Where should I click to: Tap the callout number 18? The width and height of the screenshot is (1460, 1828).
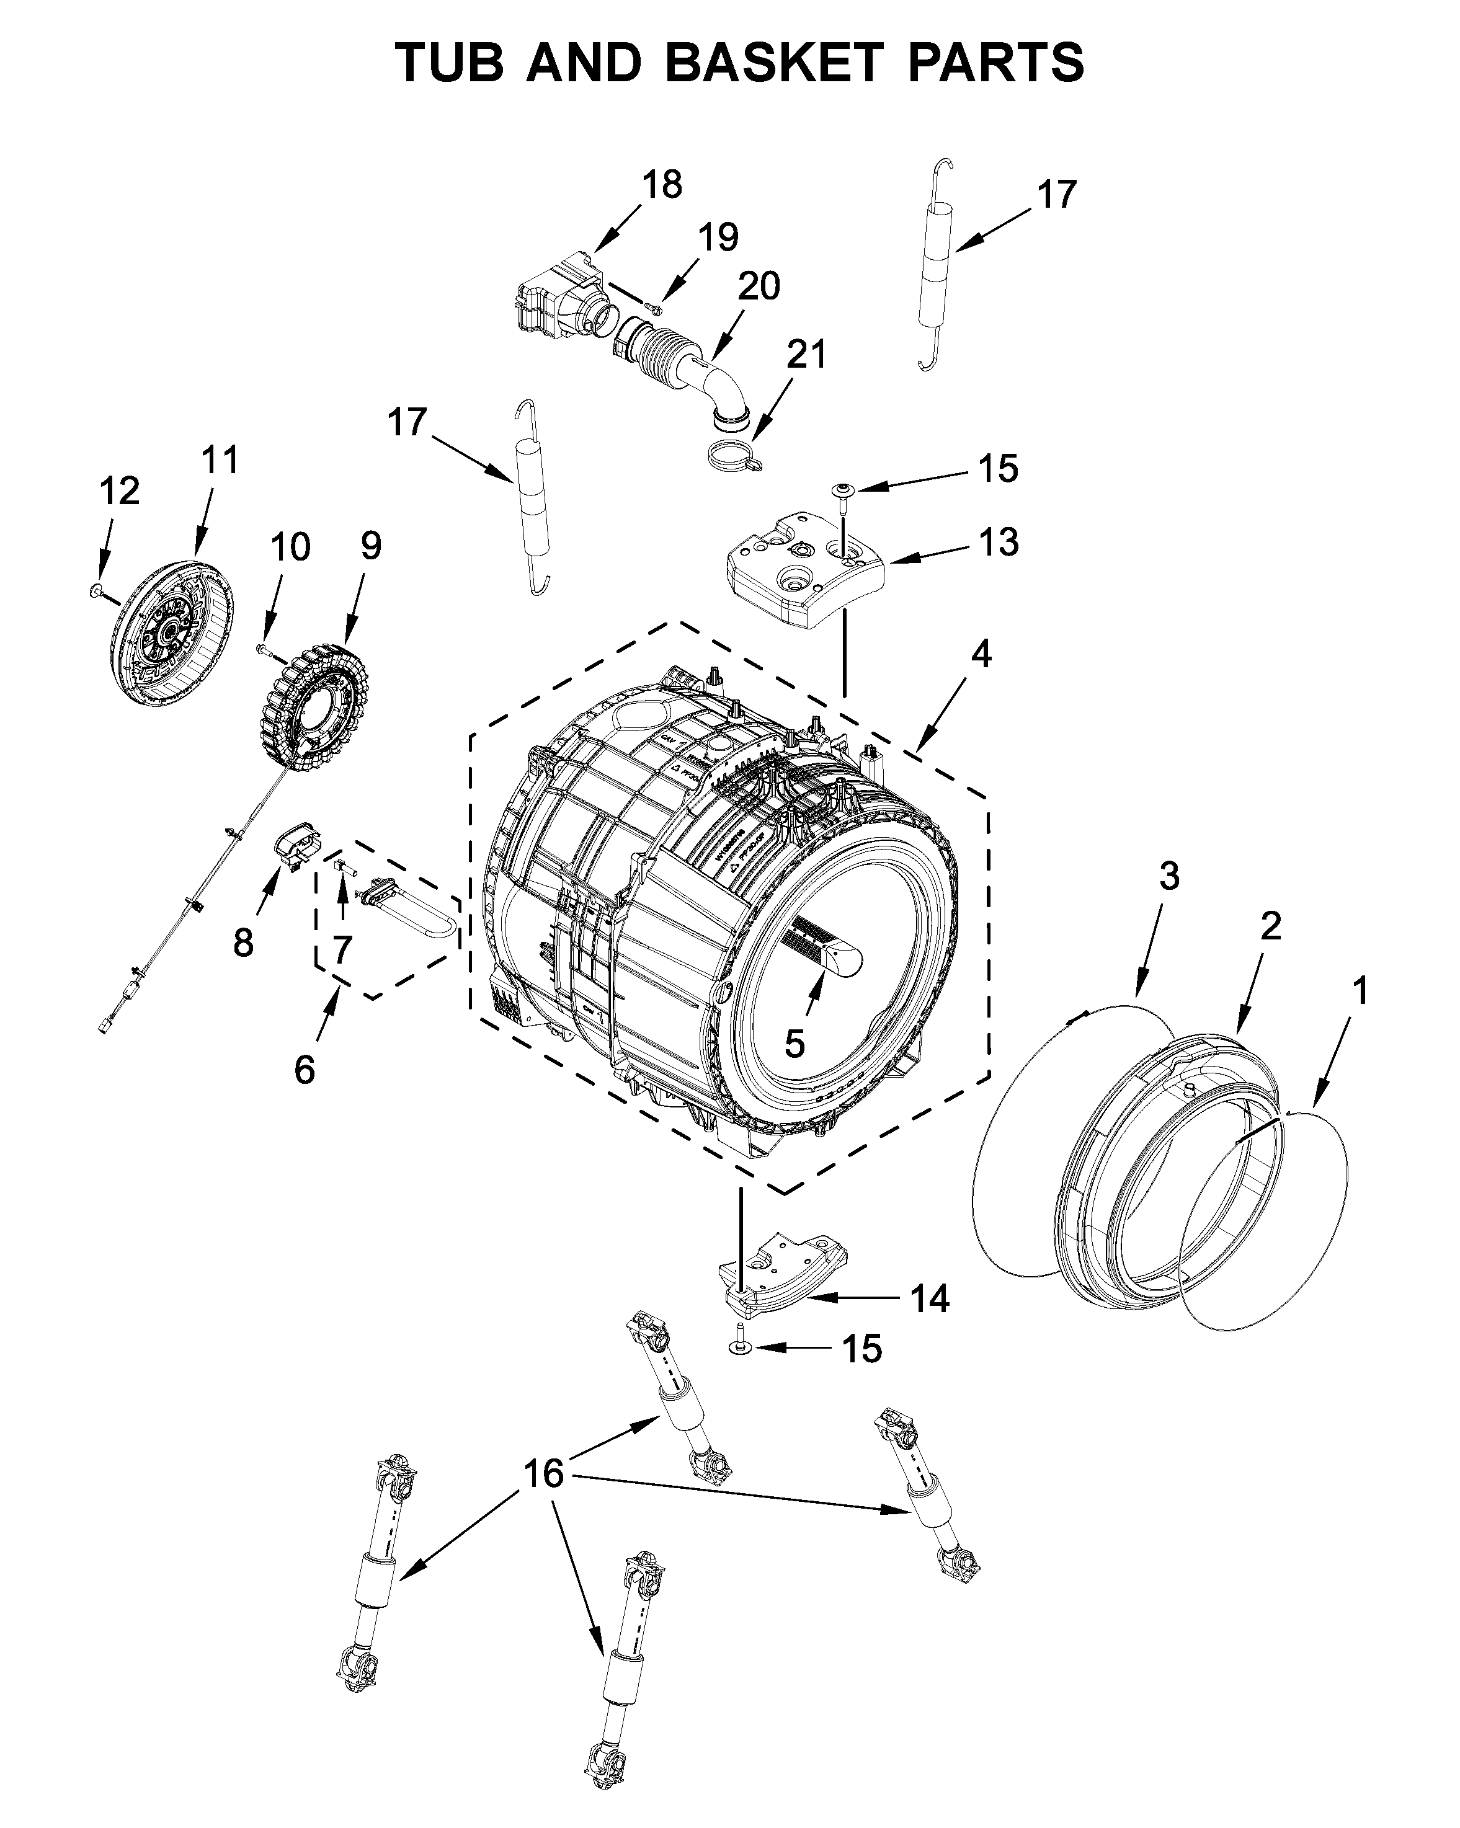tap(661, 184)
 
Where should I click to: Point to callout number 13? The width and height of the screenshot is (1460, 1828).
tap(997, 542)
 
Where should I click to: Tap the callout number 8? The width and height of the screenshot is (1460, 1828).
tap(243, 942)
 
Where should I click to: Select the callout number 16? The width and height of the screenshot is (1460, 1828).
tap(543, 1473)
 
